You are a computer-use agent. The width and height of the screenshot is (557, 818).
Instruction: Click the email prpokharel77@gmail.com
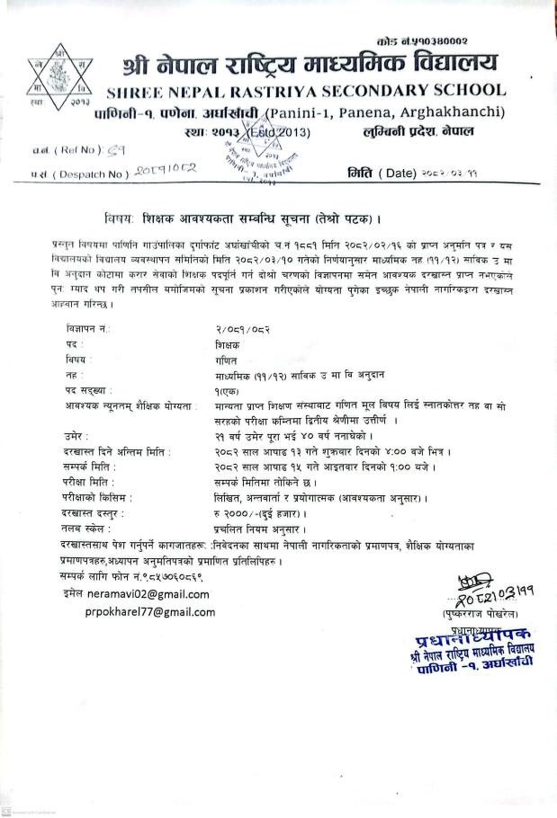click(150, 612)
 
